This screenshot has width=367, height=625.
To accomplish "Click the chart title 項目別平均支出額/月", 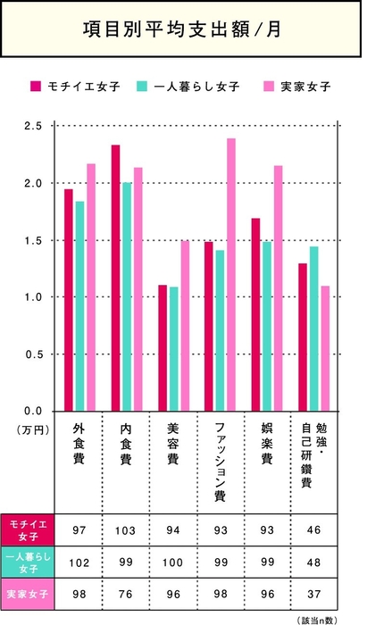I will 183,30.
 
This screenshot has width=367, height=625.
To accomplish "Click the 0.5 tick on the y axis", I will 33,354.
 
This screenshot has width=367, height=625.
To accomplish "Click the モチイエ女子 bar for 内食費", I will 116,278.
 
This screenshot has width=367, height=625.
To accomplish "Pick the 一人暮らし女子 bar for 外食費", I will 80,306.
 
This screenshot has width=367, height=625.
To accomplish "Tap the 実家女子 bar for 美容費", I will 185,326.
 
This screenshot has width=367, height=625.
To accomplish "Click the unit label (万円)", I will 30,429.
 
